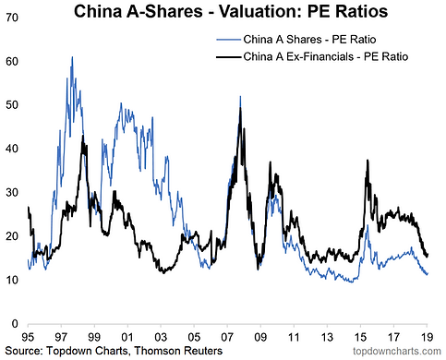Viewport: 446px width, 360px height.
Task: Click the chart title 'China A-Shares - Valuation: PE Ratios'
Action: click(231, 11)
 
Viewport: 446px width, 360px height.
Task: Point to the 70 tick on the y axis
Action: click(12, 18)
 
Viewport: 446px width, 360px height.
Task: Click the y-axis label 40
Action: click(12, 149)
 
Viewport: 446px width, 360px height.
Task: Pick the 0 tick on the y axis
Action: click(15, 324)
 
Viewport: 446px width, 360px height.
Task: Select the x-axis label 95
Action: click(28, 337)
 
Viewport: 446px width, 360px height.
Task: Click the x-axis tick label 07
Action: click(227, 337)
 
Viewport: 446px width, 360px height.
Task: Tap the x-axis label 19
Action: click(427, 337)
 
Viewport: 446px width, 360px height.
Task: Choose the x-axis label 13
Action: click(327, 337)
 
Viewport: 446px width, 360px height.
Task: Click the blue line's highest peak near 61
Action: click(72, 57)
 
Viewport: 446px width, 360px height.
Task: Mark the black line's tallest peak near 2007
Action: click(240, 108)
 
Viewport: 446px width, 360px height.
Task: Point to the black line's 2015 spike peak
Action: click(368, 161)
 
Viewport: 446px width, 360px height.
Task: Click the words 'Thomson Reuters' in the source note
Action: click(178, 351)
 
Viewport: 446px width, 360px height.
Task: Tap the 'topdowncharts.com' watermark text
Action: click(397, 351)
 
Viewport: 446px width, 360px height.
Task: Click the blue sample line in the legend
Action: click(228, 40)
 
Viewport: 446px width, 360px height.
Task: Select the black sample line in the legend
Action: click(228, 57)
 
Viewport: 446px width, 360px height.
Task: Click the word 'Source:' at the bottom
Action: click(24, 351)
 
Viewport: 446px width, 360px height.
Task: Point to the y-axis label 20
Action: click(12, 236)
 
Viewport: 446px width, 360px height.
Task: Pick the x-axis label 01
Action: click(127, 337)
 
